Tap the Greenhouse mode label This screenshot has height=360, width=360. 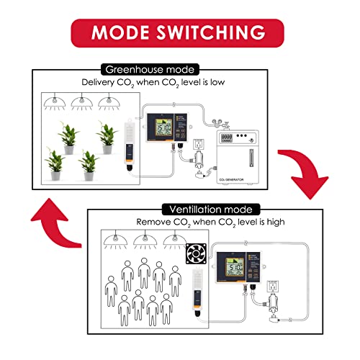(x=150, y=70)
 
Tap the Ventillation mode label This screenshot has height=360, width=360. (x=207, y=209)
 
